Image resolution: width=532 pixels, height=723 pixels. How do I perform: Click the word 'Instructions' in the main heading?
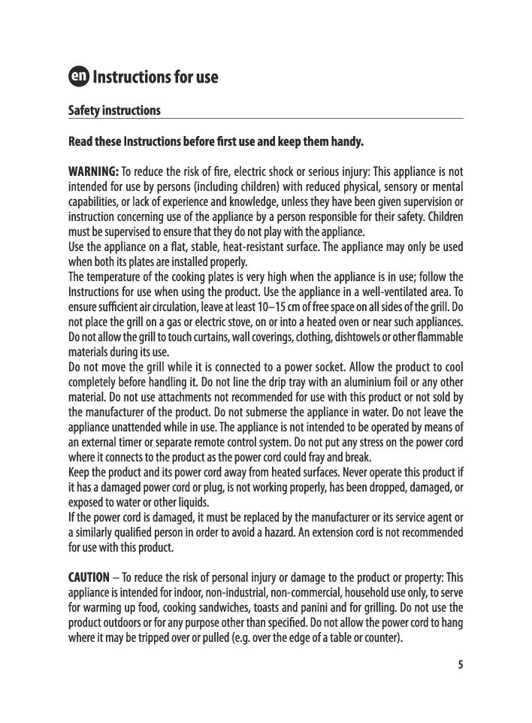[x=131, y=77]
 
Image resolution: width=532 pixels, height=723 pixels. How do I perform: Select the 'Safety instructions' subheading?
[x=114, y=110]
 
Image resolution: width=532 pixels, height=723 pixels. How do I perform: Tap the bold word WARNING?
[x=93, y=171]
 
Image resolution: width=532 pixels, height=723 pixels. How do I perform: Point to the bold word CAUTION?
[x=89, y=577]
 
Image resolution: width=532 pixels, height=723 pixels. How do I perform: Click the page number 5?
[x=460, y=664]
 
